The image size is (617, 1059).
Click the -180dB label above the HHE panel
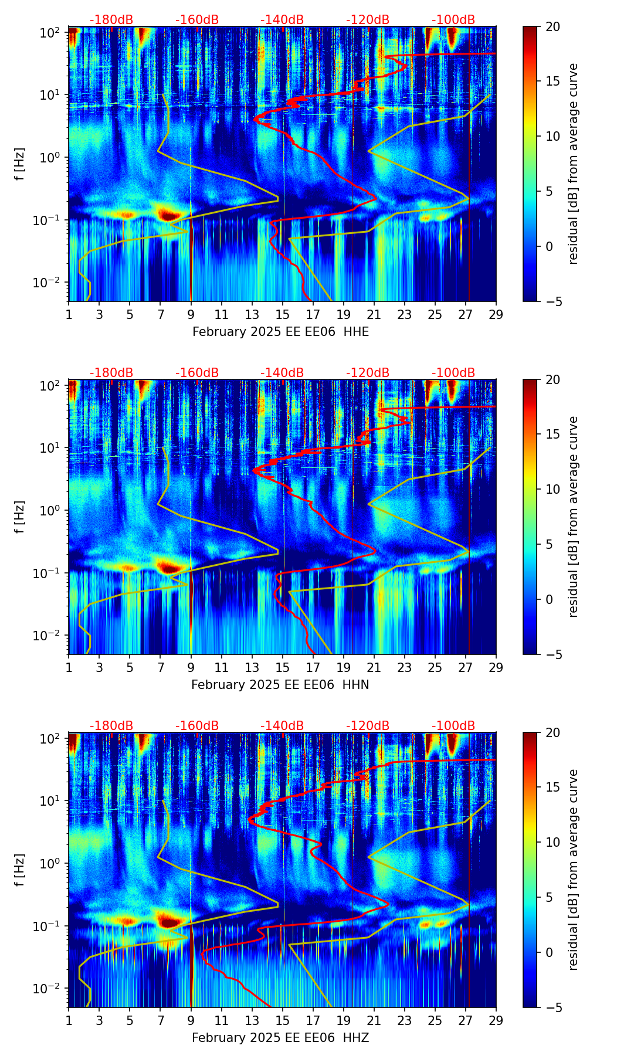click(111, 20)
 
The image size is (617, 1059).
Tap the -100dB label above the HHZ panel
click(453, 726)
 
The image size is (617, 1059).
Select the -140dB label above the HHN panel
click(282, 373)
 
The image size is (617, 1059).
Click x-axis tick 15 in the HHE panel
click(283, 315)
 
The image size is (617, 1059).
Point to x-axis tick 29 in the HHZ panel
click(496, 1021)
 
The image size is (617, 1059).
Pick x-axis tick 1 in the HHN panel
click(69, 668)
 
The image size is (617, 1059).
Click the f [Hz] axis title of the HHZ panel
click(20, 870)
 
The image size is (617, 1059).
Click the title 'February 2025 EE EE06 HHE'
click(280, 332)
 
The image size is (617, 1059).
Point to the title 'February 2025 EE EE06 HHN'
click(280, 685)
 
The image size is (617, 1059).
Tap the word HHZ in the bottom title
click(356, 1038)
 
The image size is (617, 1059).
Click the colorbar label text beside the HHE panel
click(573, 164)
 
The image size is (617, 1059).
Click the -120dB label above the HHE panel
click(368, 20)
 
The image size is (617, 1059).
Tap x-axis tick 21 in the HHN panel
click(374, 668)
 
